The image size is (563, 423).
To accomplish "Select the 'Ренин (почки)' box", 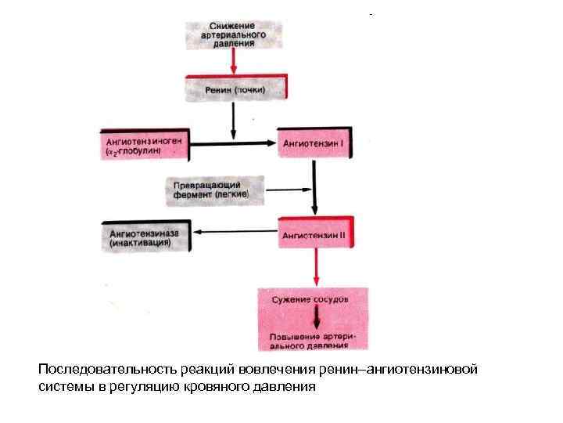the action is [235, 89].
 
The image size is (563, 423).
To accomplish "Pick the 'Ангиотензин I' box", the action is [321, 144].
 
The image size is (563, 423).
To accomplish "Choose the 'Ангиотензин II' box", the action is [321, 233].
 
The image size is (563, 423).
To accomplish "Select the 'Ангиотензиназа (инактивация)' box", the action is [146, 237].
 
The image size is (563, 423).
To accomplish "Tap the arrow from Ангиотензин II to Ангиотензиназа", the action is [235, 232].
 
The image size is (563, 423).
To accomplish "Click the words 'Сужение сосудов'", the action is [310, 299].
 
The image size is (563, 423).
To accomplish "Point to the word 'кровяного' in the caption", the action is [226, 386].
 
